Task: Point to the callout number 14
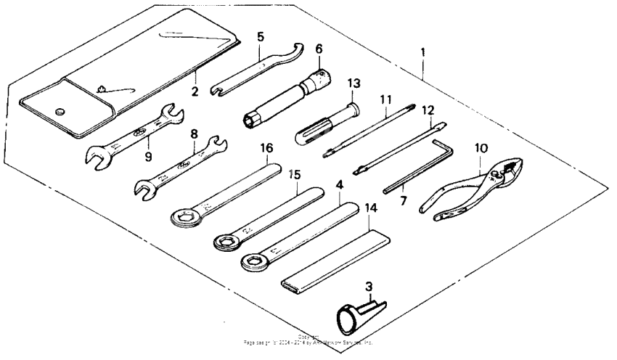[370, 208]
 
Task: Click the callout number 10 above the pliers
[480, 148]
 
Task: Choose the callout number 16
[266, 148]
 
